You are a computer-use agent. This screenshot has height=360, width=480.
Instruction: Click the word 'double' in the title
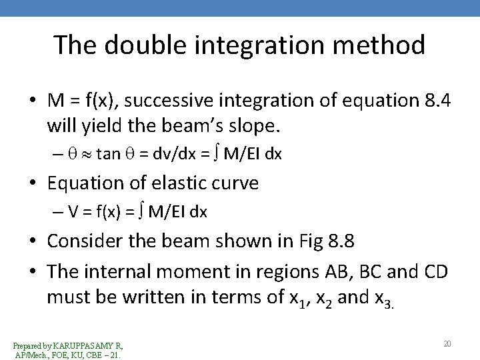pos(136,45)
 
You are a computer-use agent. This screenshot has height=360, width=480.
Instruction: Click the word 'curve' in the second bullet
pos(237,183)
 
